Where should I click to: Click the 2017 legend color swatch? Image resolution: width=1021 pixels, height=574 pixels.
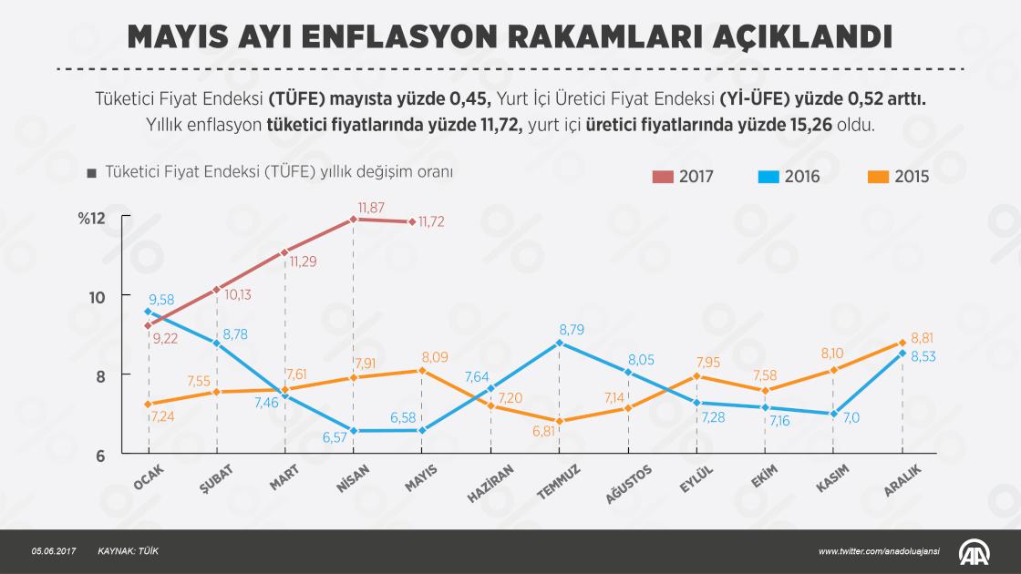click(662, 177)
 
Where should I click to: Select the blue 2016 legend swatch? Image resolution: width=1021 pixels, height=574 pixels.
click(768, 177)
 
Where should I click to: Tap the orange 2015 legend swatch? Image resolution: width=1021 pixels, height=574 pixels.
click(879, 177)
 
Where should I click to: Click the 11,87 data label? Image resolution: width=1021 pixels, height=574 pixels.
click(371, 208)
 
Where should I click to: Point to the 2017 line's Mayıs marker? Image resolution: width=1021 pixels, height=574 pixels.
click(412, 222)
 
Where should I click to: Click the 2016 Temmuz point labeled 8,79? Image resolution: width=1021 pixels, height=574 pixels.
click(560, 343)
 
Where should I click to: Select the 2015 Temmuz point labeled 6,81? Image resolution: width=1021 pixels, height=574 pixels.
click(560, 421)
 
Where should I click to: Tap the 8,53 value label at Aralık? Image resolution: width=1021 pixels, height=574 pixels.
click(923, 356)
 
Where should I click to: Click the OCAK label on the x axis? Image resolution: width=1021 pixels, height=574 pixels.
click(149, 477)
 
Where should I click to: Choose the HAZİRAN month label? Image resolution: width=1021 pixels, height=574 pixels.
click(490, 483)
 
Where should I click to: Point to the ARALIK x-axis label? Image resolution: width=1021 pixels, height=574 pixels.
click(902, 480)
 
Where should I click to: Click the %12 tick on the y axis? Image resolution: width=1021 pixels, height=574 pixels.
click(92, 218)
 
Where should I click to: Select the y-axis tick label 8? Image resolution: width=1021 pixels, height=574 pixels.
click(100, 377)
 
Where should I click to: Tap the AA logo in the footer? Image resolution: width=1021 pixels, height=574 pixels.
click(975, 552)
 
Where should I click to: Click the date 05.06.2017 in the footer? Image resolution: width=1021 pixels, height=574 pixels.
click(54, 551)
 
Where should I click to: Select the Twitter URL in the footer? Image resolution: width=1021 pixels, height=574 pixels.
click(879, 551)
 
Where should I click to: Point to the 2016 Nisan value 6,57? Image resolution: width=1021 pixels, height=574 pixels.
click(335, 437)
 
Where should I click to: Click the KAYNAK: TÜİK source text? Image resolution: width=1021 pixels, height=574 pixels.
click(129, 551)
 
